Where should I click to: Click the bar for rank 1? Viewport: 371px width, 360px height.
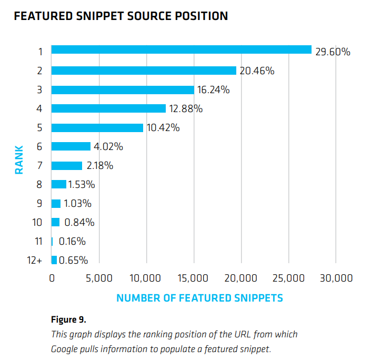tap(182, 49)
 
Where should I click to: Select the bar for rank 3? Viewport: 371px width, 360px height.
tap(123, 89)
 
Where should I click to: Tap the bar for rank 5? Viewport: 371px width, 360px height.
tap(97, 128)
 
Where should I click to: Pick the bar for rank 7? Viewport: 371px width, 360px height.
tap(67, 166)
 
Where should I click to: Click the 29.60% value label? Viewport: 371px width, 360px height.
tap(333, 52)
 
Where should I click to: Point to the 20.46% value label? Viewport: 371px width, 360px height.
tap(257, 71)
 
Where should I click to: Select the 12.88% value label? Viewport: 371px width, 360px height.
tap(186, 109)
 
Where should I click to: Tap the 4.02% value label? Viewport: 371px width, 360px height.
tap(108, 147)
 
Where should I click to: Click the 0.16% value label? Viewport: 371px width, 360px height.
tap(72, 242)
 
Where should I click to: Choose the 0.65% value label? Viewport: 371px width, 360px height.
tap(73, 261)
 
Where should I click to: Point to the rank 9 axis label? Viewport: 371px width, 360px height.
tap(39, 204)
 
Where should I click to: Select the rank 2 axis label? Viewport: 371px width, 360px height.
tap(39, 71)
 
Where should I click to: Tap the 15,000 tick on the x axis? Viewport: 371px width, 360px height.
tap(194, 278)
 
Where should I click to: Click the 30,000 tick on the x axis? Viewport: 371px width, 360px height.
tap(336, 278)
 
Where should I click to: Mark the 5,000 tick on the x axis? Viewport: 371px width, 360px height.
tap(99, 278)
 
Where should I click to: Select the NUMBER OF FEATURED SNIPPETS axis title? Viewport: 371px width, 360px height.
tap(199, 298)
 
